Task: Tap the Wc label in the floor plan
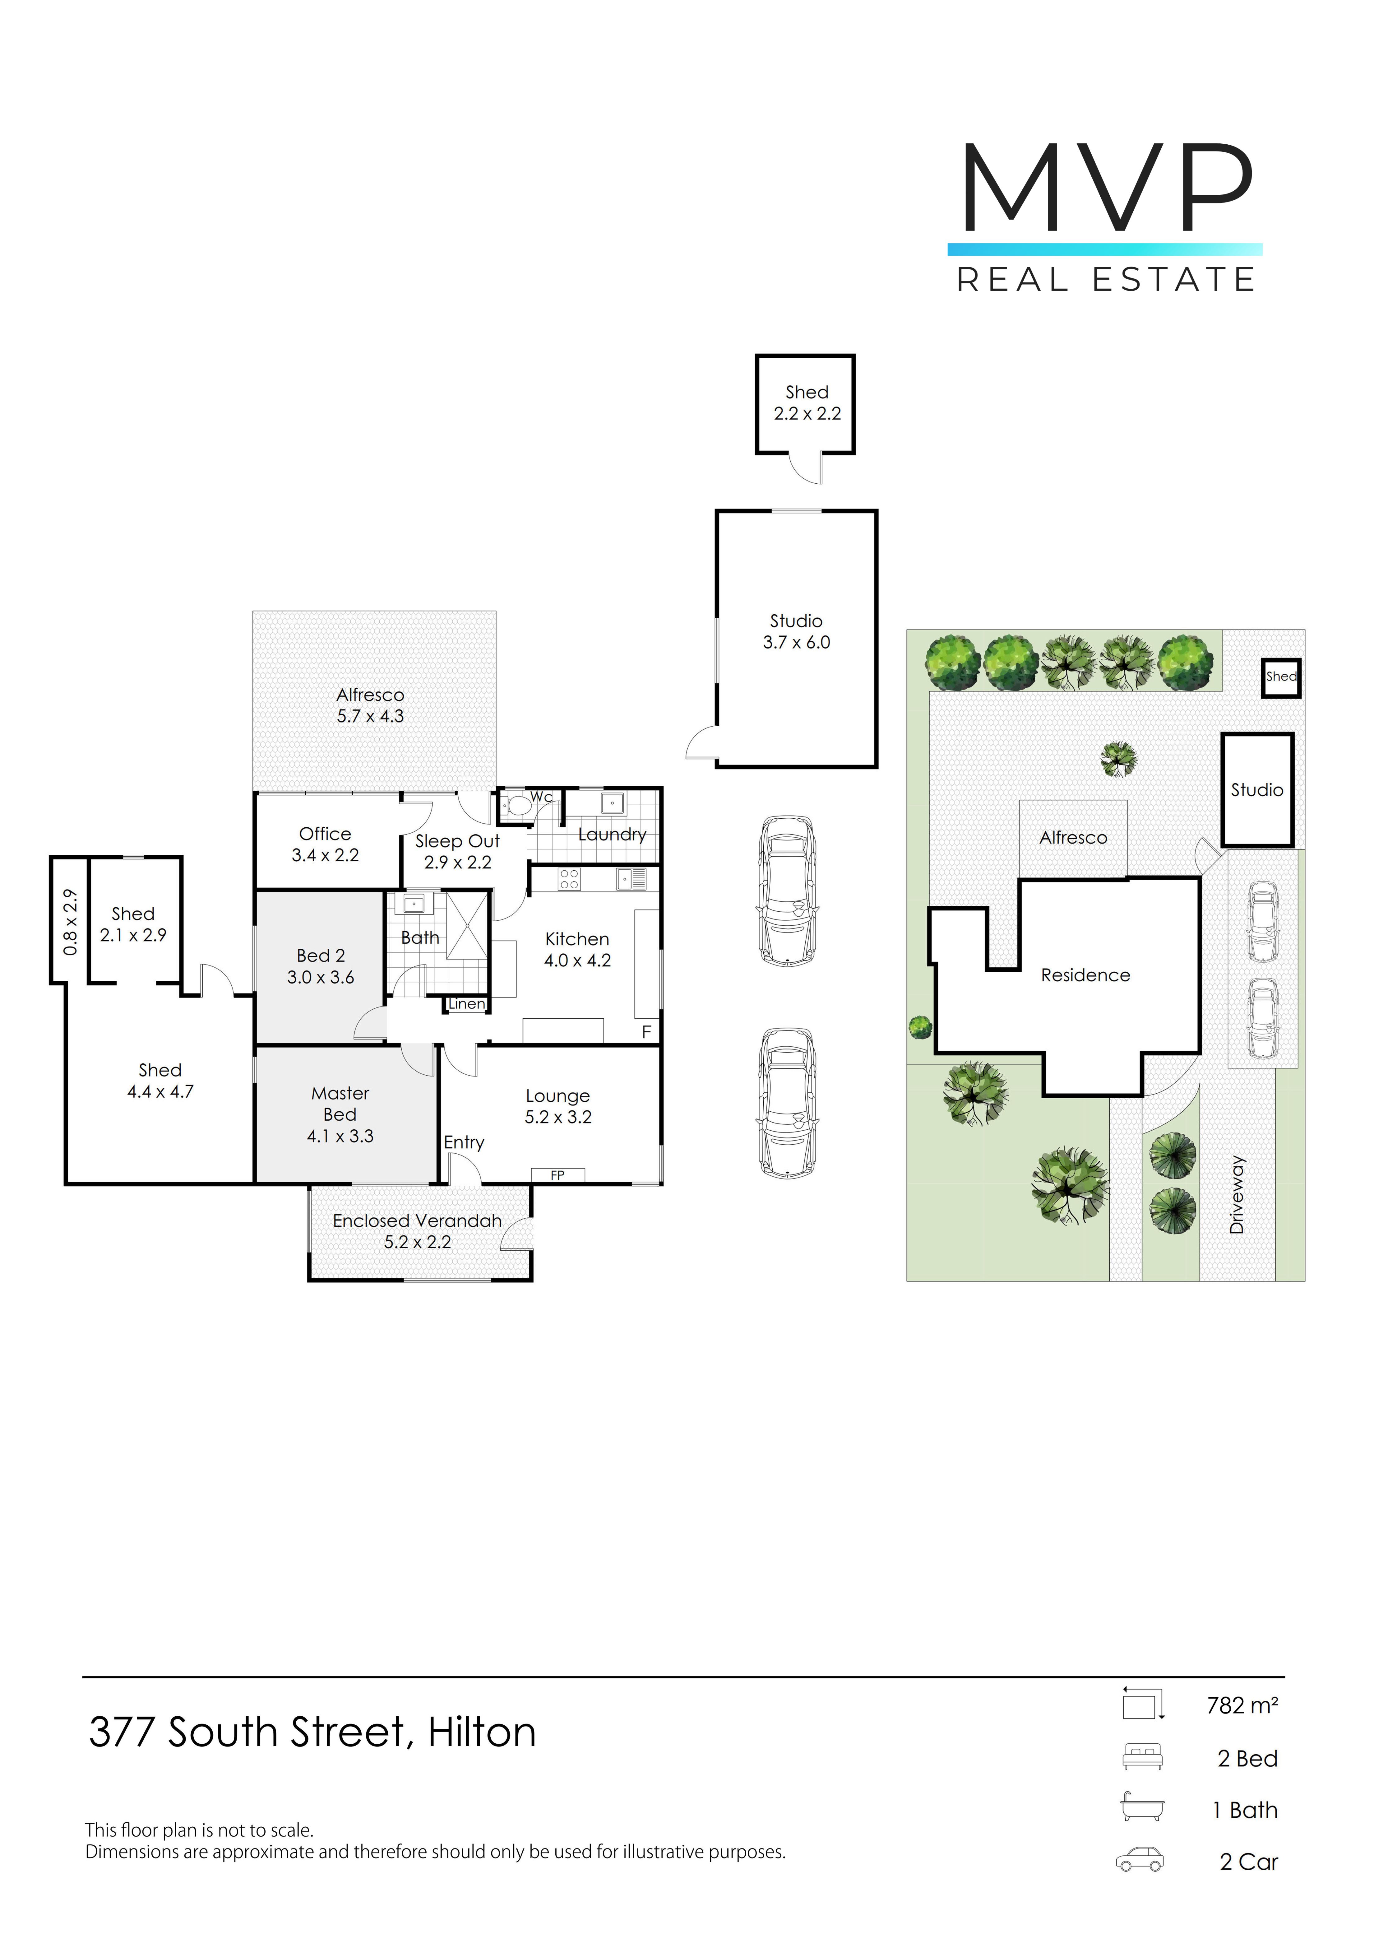click(x=542, y=797)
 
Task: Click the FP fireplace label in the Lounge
click(x=557, y=1175)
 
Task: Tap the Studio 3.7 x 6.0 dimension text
click(x=797, y=643)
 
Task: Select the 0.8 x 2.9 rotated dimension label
click(x=70, y=922)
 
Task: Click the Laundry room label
click(x=612, y=835)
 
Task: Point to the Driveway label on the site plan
click(x=1237, y=1194)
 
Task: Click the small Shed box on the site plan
click(x=1281, y=678)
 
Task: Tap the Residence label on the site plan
click(x=1085, y=975)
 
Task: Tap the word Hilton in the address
click(x=482, y=1732)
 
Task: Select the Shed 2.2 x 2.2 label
click(x=807, y=403)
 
